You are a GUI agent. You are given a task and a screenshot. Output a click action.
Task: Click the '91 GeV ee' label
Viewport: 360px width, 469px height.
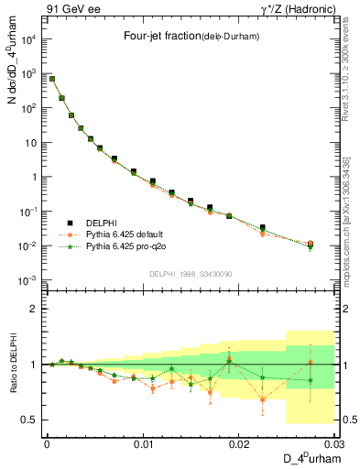tap(68, 8)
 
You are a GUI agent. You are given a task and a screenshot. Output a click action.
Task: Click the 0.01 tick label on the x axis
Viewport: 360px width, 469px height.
tap(143, 443)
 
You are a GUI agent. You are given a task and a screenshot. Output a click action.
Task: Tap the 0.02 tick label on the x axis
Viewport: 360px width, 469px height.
tap(239, 443)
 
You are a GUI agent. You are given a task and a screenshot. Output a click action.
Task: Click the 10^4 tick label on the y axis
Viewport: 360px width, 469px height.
tap(30, 39)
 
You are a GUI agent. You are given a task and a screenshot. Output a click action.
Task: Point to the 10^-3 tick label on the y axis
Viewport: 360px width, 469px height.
tap(30, 280)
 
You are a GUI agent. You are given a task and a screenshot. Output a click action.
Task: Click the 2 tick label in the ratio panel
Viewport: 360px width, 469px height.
tap(38, 309)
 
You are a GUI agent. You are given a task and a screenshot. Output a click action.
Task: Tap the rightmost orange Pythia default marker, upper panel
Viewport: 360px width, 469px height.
tap(311, 244)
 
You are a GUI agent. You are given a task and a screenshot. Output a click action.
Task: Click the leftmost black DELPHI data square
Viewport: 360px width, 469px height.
tap(52, 79)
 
